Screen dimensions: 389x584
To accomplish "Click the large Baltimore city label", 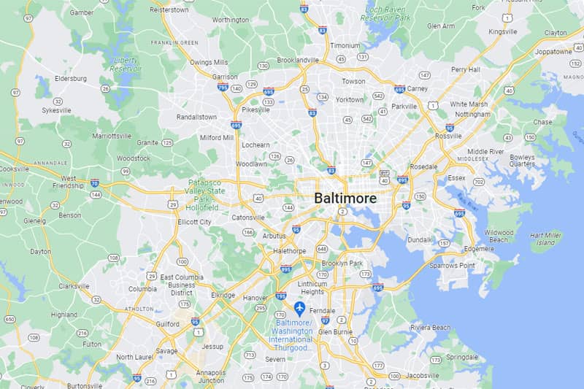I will pos(345,198).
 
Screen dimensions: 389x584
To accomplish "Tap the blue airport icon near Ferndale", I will pos(299,308).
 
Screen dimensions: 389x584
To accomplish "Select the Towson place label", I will pos(353,81).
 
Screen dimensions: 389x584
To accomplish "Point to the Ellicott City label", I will pos(194,222).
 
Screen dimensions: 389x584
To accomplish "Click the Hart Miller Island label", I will pos(546,239).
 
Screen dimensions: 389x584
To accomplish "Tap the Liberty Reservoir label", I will pos(126,65).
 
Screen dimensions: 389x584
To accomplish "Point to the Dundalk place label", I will pos(420,239).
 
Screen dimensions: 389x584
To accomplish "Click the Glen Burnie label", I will pos(334,331).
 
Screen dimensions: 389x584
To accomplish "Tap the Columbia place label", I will pos(142,288).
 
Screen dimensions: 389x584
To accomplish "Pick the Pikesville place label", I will pos(256,110).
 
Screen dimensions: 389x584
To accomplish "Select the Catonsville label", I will pos(248,217).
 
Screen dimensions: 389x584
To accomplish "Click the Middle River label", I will pos(485,152).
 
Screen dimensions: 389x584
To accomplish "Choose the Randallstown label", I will pos(197,117).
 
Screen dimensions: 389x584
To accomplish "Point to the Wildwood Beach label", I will pos(499,236).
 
